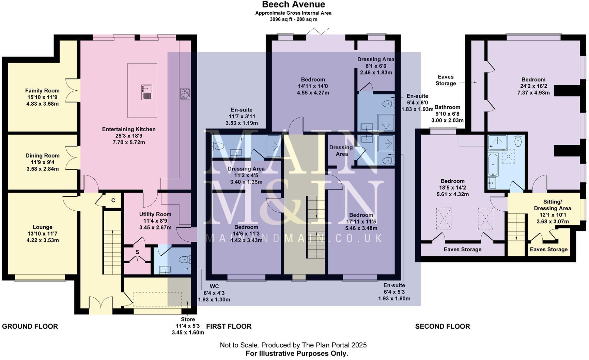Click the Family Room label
click(x=42, y=91)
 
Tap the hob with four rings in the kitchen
click(x=185, y=94)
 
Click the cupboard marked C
click(x=113, y=201)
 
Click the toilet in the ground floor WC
click(x=184, y=259)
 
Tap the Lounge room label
click(x=42, y=227)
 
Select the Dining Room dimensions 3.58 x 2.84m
click(x=42, y=169)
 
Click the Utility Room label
click(x=155, y=214)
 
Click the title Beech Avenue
click(x=293, y=4)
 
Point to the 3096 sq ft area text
click(x=293, y=19)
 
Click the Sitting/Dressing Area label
click(x=552, y=205)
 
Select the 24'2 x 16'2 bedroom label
click(x=533, y=86)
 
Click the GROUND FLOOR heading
click(x=30, y=326)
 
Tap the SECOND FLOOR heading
click(x=442, y=326)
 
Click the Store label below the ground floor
click(x=188, y=319)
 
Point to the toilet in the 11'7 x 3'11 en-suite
click(x=218, y=147)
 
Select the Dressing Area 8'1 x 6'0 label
click(x=376, y=59)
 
